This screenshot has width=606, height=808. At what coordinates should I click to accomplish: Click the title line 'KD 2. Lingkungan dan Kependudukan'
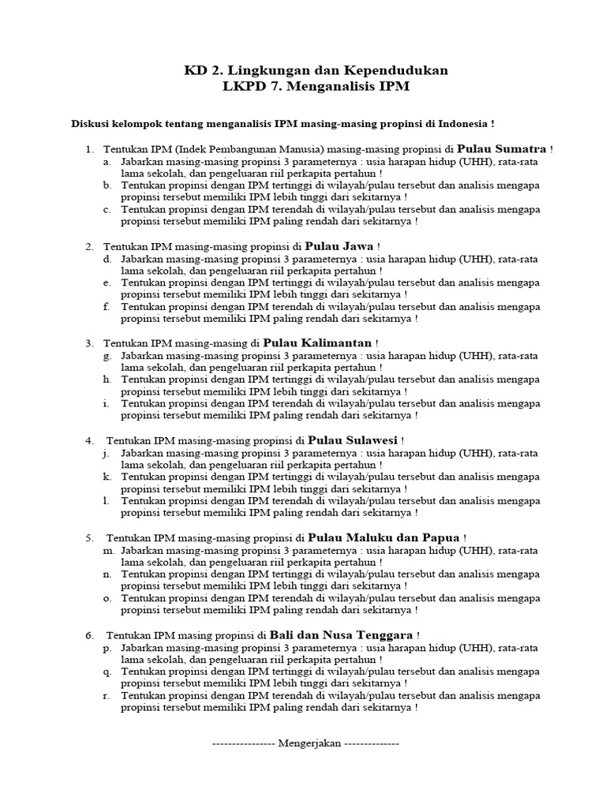click(x=316, y=71)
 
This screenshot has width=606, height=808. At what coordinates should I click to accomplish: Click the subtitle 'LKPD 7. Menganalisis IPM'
click(x=316, y=87)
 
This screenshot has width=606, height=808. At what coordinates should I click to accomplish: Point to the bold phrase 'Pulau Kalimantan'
click(x=317, y=343)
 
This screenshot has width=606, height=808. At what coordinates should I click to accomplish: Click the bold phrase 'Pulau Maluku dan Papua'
click(x=383, y=537)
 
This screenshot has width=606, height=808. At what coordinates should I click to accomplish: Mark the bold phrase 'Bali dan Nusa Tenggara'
click(x=341, y=634)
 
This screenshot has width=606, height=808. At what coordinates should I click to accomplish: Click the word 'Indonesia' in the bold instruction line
click(x=461, y=125)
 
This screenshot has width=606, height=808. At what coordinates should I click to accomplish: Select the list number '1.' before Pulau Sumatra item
click(x=91, y=149)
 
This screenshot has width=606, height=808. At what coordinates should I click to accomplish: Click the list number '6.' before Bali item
click(x=91, y=635)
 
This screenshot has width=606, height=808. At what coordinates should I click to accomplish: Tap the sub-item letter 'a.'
click(x=107, y=161)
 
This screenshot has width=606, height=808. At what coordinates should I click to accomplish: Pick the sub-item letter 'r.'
click(x=107, y=695)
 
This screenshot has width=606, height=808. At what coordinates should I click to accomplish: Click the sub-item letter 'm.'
click(x=108, y=550)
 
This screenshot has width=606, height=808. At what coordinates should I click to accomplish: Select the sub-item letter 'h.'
click(x=107, y=380)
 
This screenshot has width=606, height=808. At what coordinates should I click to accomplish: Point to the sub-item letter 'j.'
click(x=106, y=453)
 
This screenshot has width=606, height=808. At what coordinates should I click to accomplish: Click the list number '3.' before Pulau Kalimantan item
click(x=91, y=343)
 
